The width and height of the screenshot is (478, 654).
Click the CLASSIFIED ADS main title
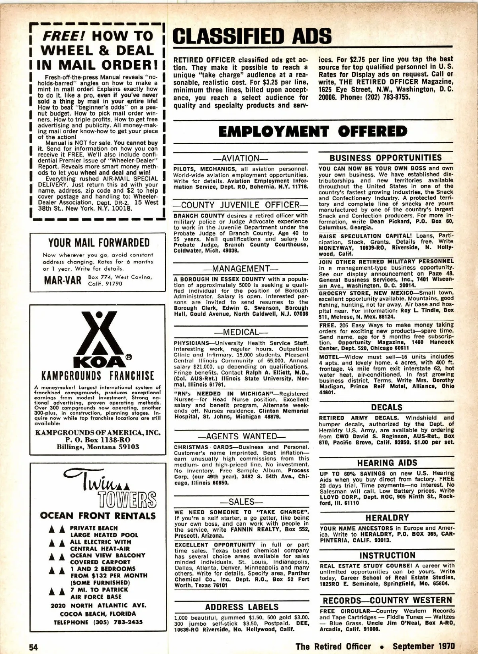click(253, 36)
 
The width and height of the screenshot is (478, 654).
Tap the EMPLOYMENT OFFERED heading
click(313, 131)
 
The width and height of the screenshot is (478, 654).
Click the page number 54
click(33, 647)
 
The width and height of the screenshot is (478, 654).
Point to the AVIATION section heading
click(241, 159)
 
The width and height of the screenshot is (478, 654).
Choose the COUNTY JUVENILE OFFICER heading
click(241, 205)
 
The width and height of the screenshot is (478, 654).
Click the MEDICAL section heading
click(241, 332)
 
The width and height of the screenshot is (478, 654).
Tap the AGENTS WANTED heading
click(241, 437)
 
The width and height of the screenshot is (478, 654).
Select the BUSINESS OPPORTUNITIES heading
click(386, 158)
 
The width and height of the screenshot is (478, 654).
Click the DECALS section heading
click(386, 407)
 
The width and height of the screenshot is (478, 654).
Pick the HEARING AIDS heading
click(387, 463)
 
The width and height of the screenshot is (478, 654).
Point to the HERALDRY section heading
click(387, 518)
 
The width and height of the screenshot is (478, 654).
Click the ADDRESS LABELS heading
click(242, 607)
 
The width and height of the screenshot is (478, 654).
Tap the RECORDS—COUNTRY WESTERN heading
click(387, 600)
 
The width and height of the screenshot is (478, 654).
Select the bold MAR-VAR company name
click(63, 280)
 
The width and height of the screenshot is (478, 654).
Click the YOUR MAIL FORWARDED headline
click(99, 243)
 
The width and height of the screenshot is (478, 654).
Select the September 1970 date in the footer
click(423, 646)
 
